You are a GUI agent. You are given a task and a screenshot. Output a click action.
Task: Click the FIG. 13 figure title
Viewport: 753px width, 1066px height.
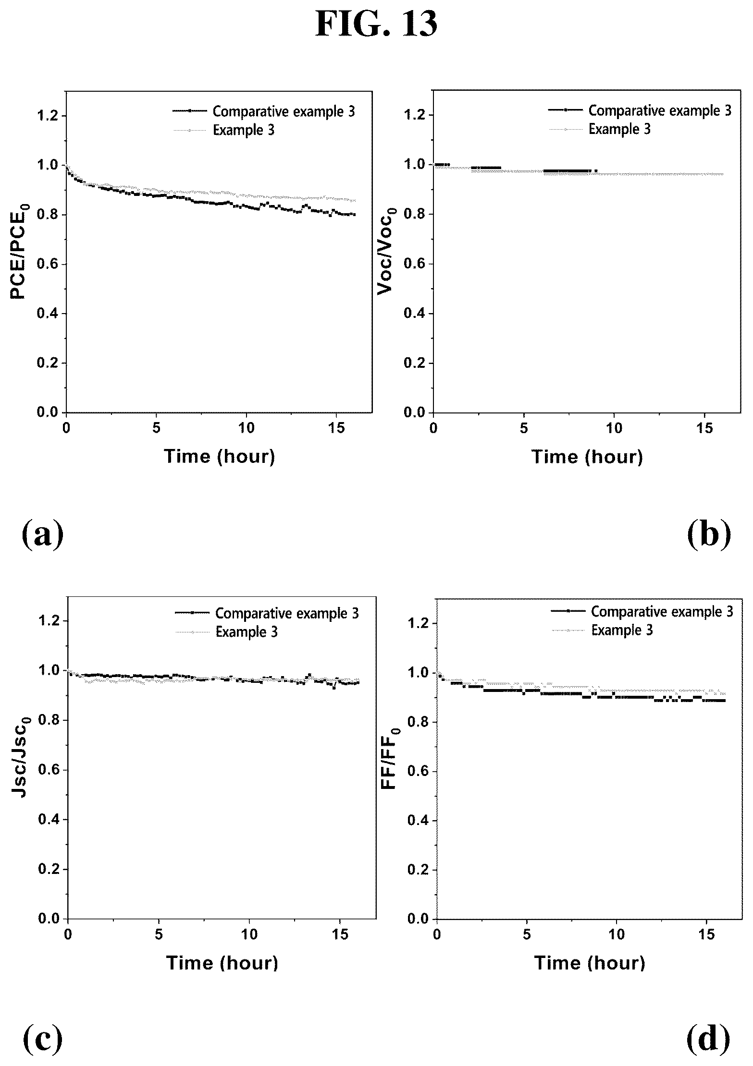tap(376, 24)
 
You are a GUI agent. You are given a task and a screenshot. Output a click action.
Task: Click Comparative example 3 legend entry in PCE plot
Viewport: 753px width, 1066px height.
tap(264, 111)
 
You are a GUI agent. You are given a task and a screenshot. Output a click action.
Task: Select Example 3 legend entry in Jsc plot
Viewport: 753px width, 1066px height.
tap(226, 631)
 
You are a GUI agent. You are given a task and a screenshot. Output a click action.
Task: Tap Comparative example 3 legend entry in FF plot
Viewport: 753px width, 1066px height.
tap(642, 611)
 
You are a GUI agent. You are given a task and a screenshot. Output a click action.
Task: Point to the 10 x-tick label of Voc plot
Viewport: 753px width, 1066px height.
tap(614, 429)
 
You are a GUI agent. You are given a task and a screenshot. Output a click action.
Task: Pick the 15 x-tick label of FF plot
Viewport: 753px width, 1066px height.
tap(706, 935)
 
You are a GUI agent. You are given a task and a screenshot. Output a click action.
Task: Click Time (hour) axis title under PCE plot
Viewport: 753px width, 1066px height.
tap(220, 456)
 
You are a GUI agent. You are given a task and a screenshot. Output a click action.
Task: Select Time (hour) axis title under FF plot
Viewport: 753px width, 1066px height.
tap(590, 962)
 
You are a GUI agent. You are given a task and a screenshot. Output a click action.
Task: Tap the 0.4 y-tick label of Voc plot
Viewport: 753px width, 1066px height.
tap(414, 314)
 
